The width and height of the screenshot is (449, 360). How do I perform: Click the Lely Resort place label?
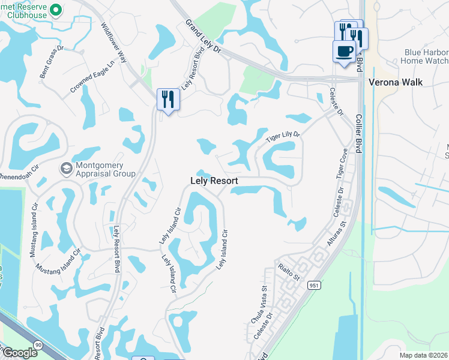pyautogui.click(x=214, y=181)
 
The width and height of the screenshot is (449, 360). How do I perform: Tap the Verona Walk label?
pyautogui.click(x=396, y=82)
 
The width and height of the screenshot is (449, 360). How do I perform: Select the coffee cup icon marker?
pyautogui.click(x=344, y=52)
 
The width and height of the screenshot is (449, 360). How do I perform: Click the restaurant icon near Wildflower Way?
pyautogui.click(x=167, y=99)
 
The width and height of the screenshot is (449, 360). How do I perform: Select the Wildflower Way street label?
pyautogui.click(x=113, y=43)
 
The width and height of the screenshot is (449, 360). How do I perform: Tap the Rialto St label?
pyautogui.click(x=288, y=272)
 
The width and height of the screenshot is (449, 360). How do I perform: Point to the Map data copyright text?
pyautogui.click(x=424, y=355)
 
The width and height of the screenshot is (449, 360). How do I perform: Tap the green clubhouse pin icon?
pyautogui.click(x=56, y=10)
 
